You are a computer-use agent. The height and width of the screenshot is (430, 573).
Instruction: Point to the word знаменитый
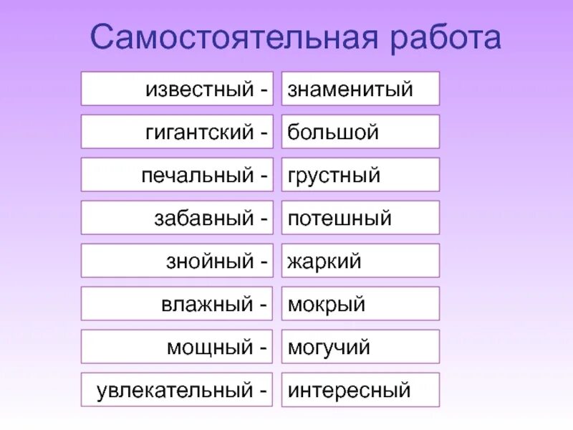(350, 90)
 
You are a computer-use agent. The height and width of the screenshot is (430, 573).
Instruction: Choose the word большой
(333, 133)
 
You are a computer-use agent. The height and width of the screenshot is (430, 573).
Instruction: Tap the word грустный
(334, 176)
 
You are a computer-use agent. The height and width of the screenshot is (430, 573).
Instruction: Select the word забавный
(203, 219)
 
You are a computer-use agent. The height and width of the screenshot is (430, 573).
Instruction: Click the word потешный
(340, 219)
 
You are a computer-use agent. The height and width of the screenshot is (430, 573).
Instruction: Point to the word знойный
(210, 262)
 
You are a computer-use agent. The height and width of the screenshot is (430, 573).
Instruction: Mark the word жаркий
(324, 262)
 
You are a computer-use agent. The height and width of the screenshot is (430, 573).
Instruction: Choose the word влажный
(207, 305)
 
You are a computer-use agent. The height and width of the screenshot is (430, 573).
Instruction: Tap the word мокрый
(326, 305)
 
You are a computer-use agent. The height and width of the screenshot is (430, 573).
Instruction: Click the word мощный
(211, 348)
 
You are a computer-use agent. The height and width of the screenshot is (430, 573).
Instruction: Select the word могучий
(329, 348)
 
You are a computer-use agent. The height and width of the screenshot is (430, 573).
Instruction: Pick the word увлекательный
(175, 391)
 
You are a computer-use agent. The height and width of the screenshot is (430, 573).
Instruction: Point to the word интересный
(350, 391)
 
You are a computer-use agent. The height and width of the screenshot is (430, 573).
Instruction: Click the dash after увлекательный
(263, 391)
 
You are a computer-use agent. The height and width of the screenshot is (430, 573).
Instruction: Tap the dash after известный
(263, 90)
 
